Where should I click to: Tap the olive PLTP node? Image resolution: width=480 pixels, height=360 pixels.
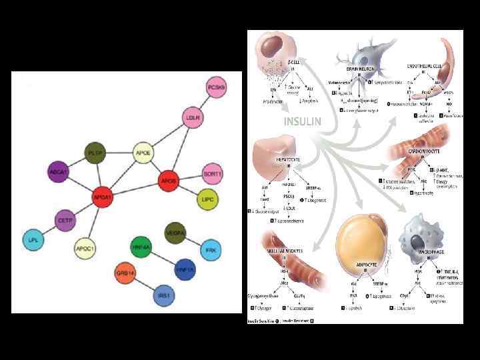(x=95, y=153)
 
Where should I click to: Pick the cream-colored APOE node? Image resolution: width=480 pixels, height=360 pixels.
(x=143, y=153)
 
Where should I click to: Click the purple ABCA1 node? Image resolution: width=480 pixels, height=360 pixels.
(x=57, y=172)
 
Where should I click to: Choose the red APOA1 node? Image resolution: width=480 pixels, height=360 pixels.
(x=103, y=197)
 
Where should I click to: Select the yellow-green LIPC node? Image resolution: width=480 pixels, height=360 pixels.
(x=207, y=199)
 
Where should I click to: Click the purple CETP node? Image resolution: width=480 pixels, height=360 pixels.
(x=65, y=220)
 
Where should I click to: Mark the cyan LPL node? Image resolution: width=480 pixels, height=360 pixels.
(x=32, y=240)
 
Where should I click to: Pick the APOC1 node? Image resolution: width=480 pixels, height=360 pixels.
(x=85, y=248)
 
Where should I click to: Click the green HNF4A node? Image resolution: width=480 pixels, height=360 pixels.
(x=142, y=247)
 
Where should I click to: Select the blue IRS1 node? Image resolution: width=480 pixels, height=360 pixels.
(x=163, y=295)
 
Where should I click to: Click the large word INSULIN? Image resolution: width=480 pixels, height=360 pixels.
(x=303, y=122)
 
